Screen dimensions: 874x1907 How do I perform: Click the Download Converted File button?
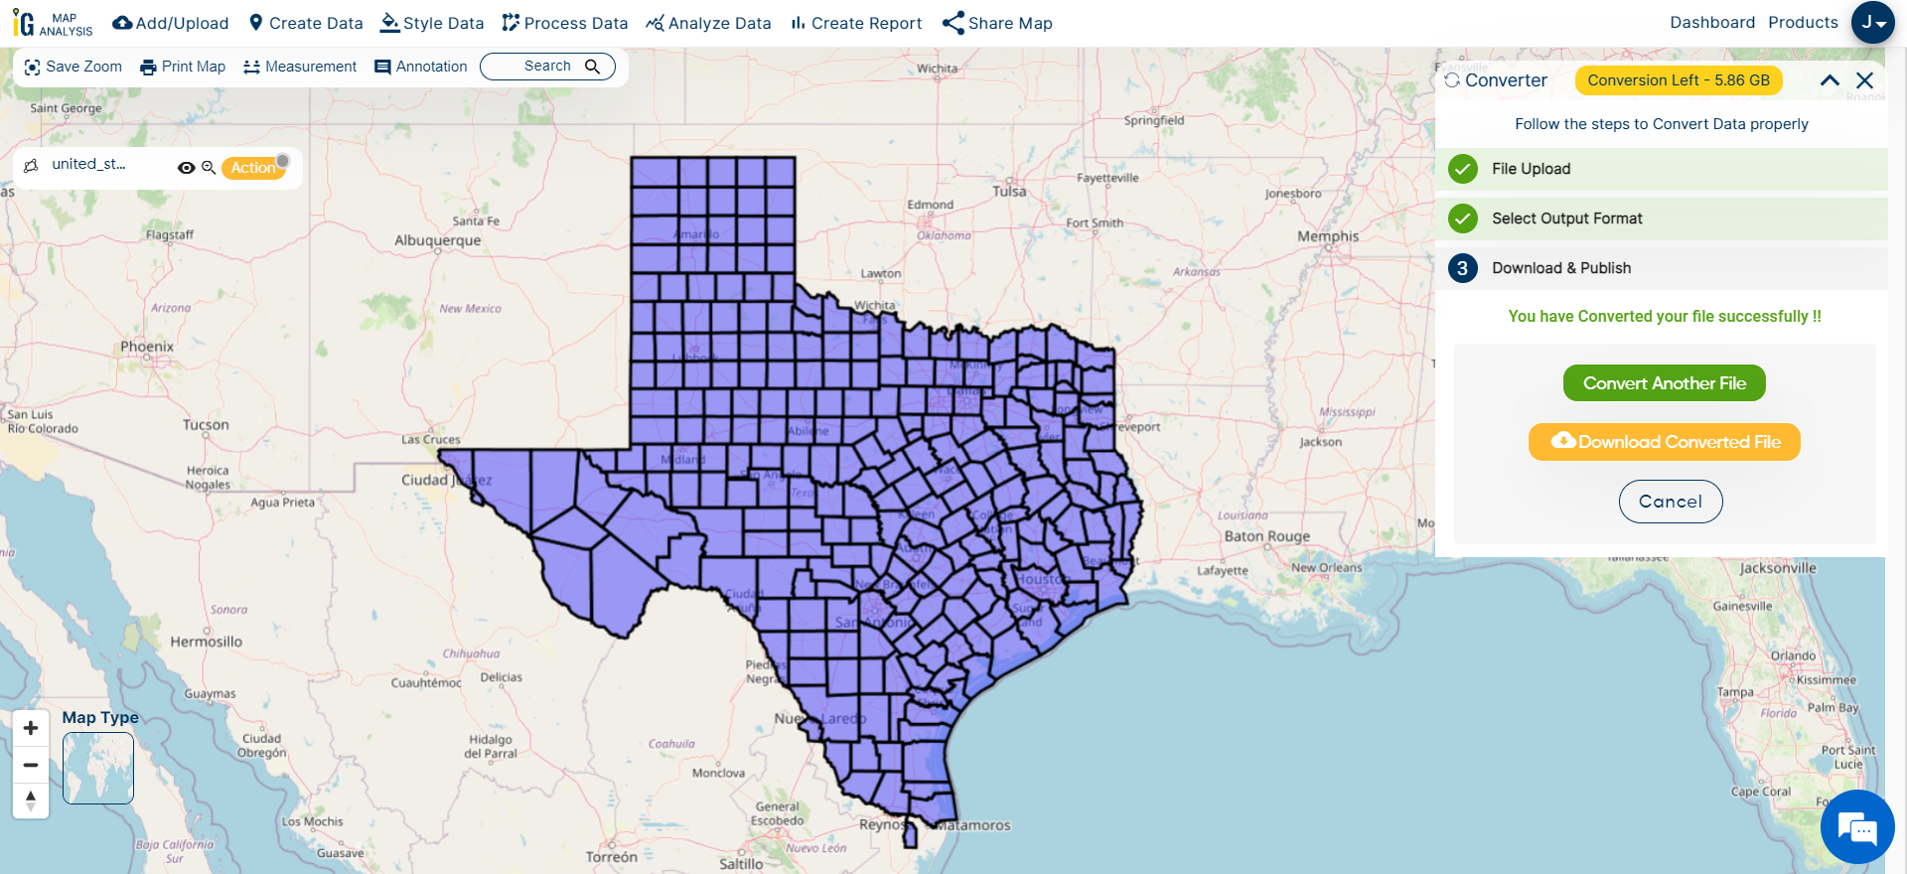(x=1664, y=442)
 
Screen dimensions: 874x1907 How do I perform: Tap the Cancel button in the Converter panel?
(x=1670, y=502)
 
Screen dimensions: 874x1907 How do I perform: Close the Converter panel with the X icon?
(x=1864, y=80)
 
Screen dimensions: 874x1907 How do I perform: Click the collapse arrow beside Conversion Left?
(x=1830, y=80)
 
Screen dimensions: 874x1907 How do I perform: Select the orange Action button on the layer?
(x=253, y=168)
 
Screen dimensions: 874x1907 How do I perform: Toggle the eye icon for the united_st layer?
(x=186, y=168)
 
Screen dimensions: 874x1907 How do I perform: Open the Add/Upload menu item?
(x=171, y=23)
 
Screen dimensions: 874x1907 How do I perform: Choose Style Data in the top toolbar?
(x=432, y=23)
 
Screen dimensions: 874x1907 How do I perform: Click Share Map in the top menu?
(x=997, y=23)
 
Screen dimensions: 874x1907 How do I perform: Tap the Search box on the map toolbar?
(x=547, y=67)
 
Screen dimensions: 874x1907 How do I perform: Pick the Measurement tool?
(x=300, y=67)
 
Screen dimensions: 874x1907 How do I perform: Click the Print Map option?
(x=183, y=67)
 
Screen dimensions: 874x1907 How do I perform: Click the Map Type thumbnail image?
(x=98, y=768)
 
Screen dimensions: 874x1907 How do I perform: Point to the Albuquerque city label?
(x=437, y=240)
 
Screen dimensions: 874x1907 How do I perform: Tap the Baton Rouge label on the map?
(x=1266, y=536)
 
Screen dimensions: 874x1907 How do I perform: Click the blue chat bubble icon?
(x=1856, y=826)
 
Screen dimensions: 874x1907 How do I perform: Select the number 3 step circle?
(x=1462, y=268)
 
